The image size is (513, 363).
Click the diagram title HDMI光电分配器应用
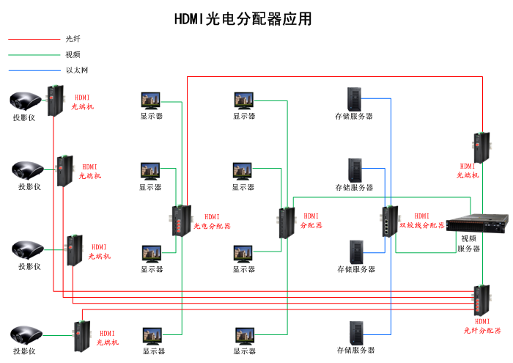point(243,19)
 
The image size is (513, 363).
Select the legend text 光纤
point(73,39)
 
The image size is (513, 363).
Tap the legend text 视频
point(73,54)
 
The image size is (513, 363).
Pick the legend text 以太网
point(76,70)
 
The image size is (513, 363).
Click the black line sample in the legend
point(34,39)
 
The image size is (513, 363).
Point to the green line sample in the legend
point(34,54)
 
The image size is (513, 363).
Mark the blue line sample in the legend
point(34,70)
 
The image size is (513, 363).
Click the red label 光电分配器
point(212,226)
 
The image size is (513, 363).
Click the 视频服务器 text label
point(469,243)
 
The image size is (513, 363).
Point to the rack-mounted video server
point(476,223)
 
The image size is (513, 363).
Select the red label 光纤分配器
point(482,331)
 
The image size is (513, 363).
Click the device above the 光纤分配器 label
point(481,300)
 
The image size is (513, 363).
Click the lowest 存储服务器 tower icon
point(356,333)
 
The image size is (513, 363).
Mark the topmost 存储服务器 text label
point(354,116)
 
